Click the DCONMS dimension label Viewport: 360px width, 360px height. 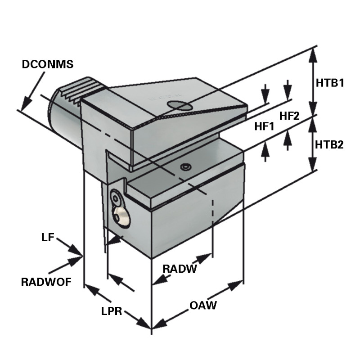pos(47,64)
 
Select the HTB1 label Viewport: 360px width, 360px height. pos(329,83)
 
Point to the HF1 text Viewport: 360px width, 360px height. pos(264,127)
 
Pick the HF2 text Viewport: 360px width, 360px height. pos(289,116)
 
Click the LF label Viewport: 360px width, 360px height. pos(48,237)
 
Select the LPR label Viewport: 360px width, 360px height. pos(112,311)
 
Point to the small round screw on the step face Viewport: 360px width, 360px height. pos(184,167)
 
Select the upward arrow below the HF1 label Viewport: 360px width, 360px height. pos(265,151)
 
